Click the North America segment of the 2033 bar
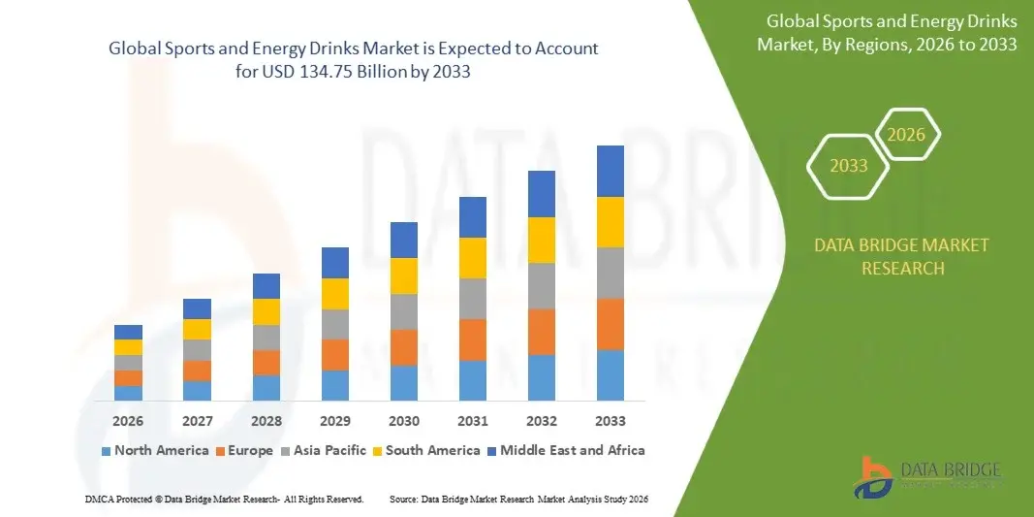tap(610, 374)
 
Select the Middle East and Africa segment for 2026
tap(128, 332)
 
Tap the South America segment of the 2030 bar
tap(404, 275)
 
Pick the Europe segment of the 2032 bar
tap(541, 332)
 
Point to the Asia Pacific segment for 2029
tap(334, 324)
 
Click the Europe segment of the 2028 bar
tap(266, 362)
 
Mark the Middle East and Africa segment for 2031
tap(472, 217)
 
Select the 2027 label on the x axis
tap(197, 421)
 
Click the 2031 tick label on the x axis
tap(472, 421)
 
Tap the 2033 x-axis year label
tap(610, 421)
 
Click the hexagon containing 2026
tap(907, 135)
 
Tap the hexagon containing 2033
tap(849, 166)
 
